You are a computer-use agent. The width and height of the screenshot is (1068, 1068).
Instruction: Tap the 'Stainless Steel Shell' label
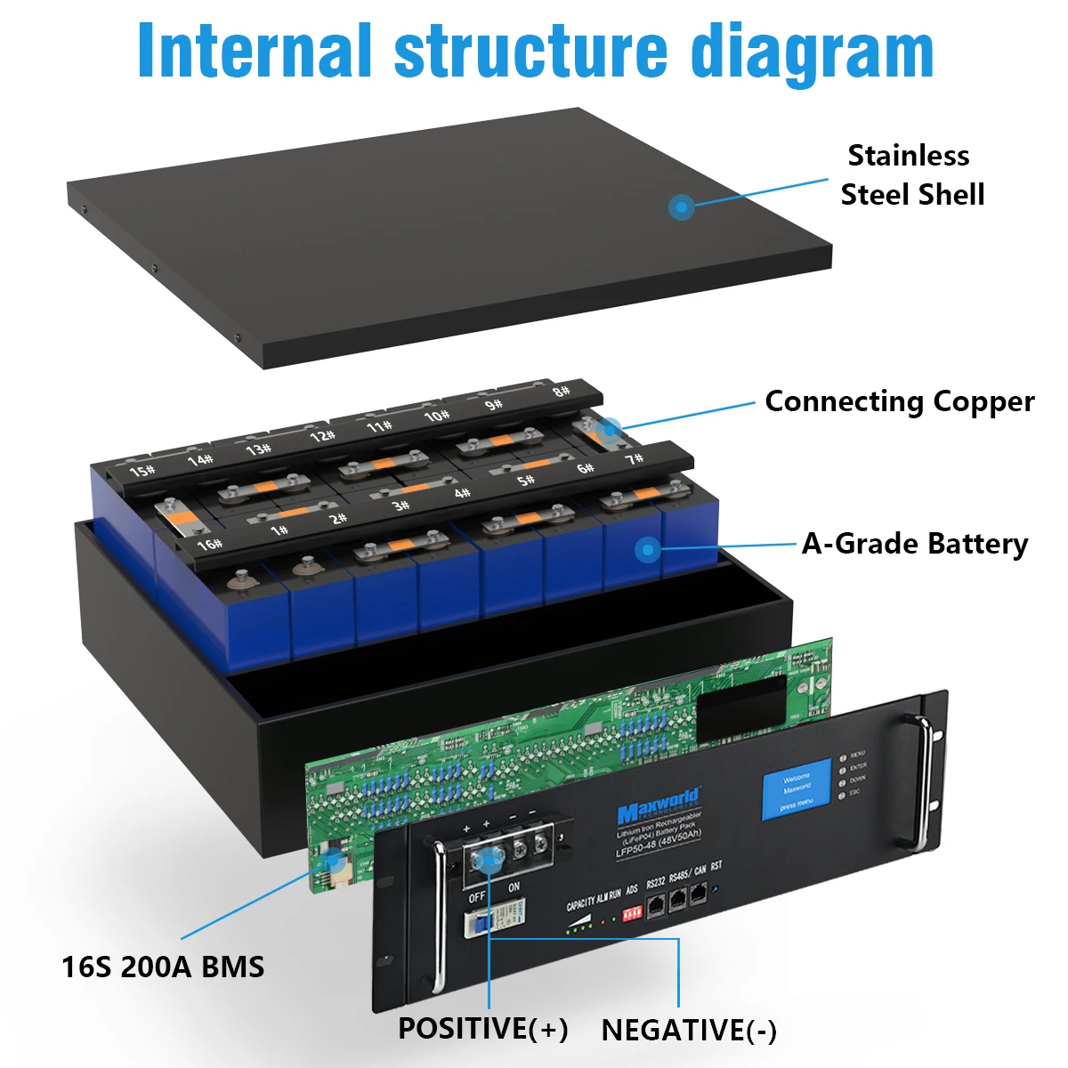point(910,175)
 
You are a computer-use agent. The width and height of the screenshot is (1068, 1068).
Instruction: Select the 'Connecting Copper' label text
point(899,401)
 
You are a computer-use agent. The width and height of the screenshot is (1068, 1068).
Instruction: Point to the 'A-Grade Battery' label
point(914,544)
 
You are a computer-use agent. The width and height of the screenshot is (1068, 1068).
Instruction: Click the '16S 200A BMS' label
point(163,967)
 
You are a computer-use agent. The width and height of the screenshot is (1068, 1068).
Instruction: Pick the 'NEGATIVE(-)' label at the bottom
point(689,1031)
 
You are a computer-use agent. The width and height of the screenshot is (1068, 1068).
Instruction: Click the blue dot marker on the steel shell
point(682,208)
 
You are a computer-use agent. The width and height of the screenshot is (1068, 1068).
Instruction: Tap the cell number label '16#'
point(210,543)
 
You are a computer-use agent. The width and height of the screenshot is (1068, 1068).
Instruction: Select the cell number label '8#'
point(561,392)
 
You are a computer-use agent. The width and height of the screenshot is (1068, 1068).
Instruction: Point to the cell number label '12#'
point(322,436)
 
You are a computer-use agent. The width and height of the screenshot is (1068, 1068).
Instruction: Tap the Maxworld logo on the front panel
point(659,804)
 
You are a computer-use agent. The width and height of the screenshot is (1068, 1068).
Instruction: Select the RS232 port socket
point(656,906)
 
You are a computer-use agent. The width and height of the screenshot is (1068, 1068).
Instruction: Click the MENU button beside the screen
point(842,759)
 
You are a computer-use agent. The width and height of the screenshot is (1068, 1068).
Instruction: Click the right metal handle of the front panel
point(925,781)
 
